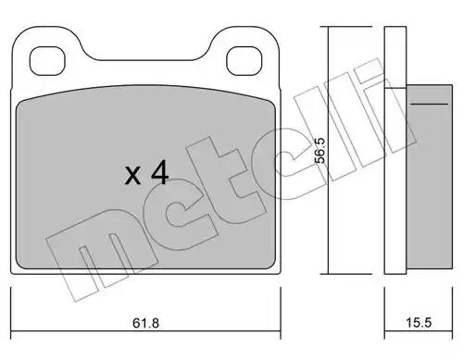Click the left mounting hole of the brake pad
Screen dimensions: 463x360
[47, 61]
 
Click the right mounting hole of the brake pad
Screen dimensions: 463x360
[244, 61]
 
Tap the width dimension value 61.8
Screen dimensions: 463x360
[145, 323]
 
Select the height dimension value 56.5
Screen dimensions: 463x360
[319, 151]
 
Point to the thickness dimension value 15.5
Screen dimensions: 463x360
[419, 323]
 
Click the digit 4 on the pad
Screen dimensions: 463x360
[160, 174]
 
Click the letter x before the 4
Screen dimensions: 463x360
[133, 176]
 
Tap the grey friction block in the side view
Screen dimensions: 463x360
[429, 179]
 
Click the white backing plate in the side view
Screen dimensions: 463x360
[395, 150]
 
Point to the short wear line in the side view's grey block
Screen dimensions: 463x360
[430, 104]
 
